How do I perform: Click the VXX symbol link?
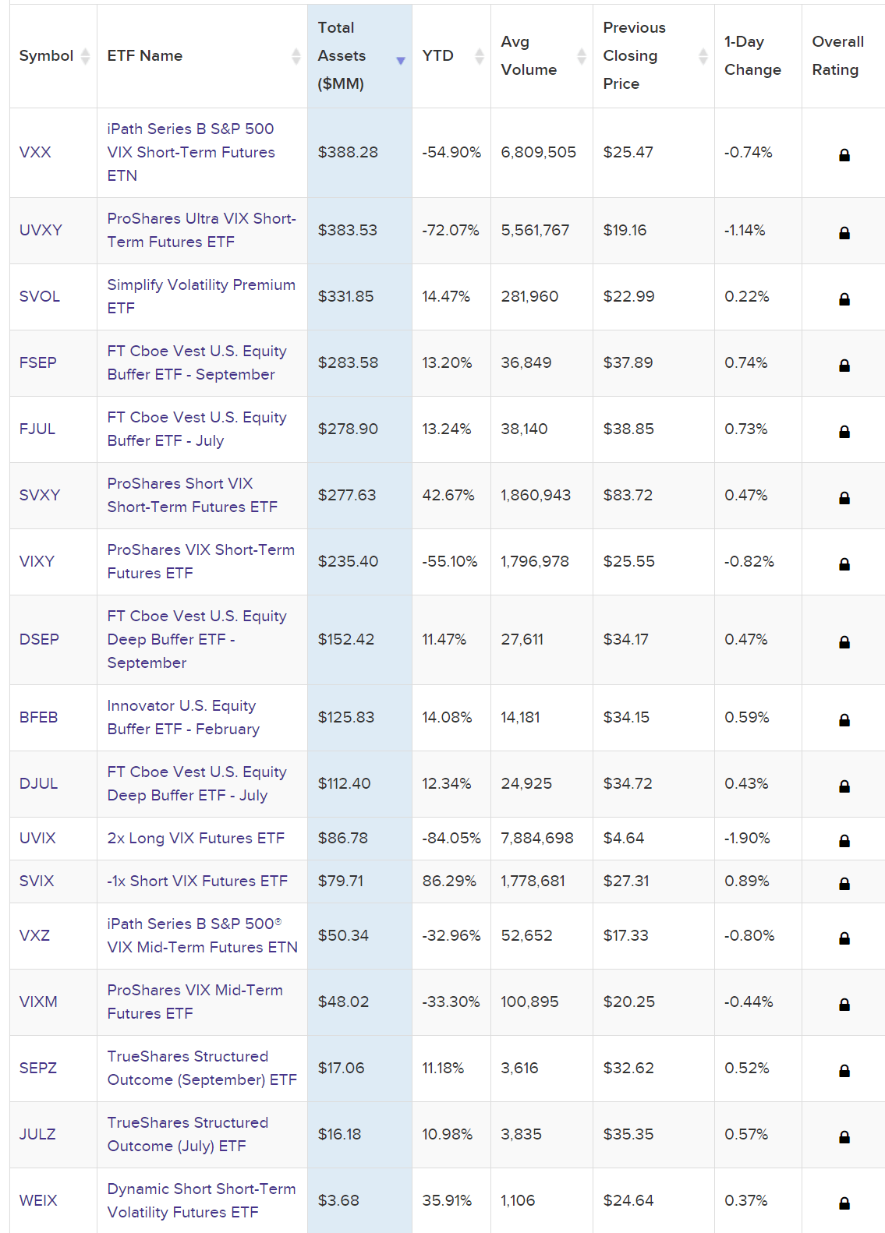pos(35,152)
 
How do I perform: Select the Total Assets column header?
pos(342,56)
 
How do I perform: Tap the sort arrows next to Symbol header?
pos(85,56)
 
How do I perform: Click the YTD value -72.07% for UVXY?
pos(451,230)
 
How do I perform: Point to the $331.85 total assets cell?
pos(345,296)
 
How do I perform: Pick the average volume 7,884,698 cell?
pos(537,838)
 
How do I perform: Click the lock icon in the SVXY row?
pos(844,498)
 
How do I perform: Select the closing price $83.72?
pos(628,495)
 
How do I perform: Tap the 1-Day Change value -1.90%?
pos(746,838)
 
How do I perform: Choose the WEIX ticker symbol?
pos(38,1200)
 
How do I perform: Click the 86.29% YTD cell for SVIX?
pos(449,881)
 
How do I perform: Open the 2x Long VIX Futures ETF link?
pos(196,838)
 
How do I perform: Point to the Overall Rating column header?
pos(837,56)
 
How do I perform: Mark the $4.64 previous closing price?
pos(624,838)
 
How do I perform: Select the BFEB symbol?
pos(38,717)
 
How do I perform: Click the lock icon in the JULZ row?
pos(844,1137)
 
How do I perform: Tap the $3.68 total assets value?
pos(338,1200)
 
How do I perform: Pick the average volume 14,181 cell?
pos(520,717)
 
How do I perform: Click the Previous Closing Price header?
pos(634,56)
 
